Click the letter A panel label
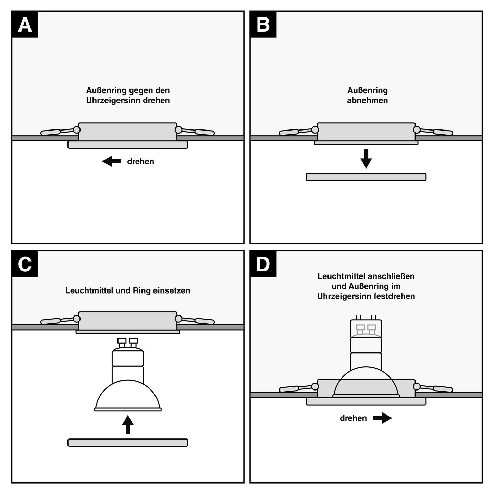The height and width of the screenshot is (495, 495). click(x=25, y=25)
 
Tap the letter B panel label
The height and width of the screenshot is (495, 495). click(x=263, y=25)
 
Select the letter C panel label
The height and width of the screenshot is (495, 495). click(x=25, y=264)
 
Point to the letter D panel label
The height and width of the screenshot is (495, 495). click(x=263, y=264)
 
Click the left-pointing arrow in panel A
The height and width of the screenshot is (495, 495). click(x=112, y=161)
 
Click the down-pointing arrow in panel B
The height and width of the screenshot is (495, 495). click(x=366, y=159)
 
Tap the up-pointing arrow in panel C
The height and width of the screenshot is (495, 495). click(x=128, y=425)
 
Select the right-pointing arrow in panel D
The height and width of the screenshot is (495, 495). click(x=382, y=418)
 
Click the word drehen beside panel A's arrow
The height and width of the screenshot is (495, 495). click(x=140, y=161)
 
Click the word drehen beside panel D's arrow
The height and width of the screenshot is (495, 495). click(x=353, y=418)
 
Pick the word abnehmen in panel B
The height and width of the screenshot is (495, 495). click(x=367, y=100)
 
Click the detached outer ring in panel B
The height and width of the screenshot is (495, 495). click(x=366, y=177)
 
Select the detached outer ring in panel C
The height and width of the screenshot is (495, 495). click(x=128, y=443)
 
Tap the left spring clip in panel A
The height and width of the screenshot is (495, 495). click(x=57, y=132)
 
